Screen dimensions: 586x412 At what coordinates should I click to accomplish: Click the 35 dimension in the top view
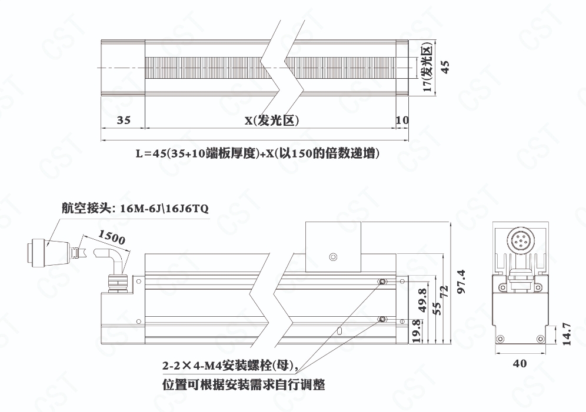tap(124, 120)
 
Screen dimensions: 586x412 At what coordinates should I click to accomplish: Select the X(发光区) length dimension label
tap(272, 120)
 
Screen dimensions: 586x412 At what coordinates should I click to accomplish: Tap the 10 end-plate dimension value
tap(402, 120)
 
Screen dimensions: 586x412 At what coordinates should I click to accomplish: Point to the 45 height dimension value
tap(445, 67)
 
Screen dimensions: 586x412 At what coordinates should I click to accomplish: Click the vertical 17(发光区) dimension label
tap(428, 66)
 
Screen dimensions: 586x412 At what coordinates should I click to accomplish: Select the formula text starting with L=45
tap(258, 153)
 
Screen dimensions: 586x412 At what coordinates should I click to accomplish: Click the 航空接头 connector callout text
tap(135, 208)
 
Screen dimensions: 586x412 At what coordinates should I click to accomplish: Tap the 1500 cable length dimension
tap(111, 237)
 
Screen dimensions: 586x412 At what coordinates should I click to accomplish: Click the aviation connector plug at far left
tap(48, 254)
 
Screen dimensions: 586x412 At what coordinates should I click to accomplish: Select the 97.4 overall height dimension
tap(461, 281)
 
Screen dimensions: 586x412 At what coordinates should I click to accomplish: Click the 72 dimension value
tap(444, 291)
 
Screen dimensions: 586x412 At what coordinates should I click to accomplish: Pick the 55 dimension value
tap(436, 308)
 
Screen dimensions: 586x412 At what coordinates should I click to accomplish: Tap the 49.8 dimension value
tap(422, 300)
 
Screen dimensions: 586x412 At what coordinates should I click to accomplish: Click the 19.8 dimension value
tap(417, 331)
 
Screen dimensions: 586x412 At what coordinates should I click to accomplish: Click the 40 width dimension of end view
tap(520, 363)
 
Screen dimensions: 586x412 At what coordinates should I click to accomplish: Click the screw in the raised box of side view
tap(333, 257)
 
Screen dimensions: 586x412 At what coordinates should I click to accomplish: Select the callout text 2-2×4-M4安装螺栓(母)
tap(230, 366)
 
